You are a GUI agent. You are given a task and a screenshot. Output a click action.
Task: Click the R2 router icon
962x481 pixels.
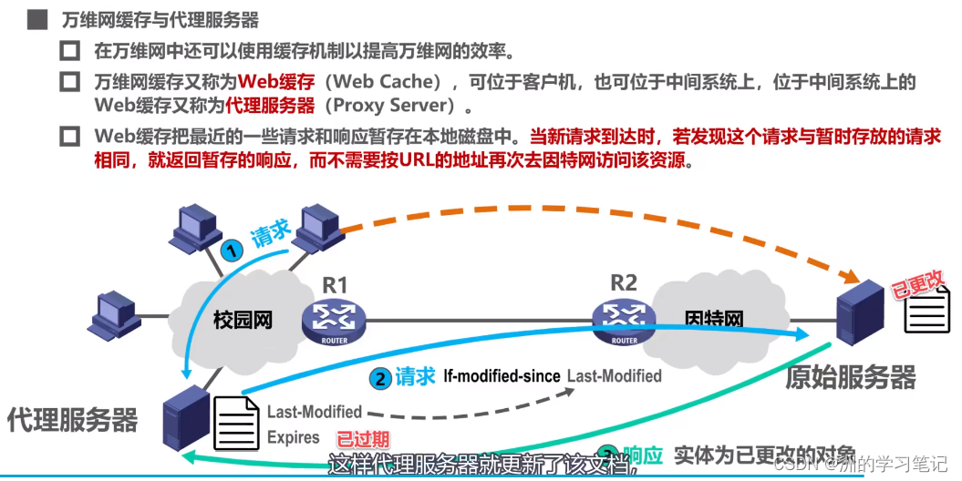624,319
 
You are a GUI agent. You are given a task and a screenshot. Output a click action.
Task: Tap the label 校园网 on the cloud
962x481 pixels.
243,320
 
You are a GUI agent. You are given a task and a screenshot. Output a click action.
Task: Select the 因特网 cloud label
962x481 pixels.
714,320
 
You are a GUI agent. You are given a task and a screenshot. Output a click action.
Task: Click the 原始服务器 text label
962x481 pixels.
850,376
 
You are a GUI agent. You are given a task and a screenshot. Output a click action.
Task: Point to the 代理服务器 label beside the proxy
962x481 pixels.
73,420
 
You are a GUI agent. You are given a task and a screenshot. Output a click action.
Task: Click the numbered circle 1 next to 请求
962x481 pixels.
234,251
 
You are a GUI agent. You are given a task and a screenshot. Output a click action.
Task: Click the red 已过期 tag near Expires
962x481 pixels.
363,438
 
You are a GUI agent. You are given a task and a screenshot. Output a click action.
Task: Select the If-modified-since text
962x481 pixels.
501,375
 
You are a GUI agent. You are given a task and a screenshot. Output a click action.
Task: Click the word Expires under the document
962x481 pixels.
294,437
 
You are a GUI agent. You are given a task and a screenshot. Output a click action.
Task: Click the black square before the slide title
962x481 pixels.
37,19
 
